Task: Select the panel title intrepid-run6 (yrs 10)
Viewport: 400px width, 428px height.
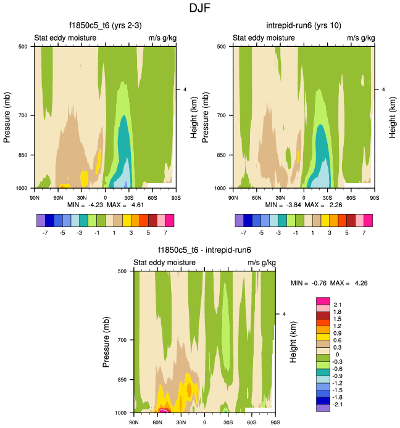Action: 303,25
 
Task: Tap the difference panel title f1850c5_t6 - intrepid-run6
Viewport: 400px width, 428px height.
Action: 204,250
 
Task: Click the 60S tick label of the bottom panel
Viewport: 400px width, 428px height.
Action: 252,422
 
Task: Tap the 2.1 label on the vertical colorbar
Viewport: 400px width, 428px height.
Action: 337,305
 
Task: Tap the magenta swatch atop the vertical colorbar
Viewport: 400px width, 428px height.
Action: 323,300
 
